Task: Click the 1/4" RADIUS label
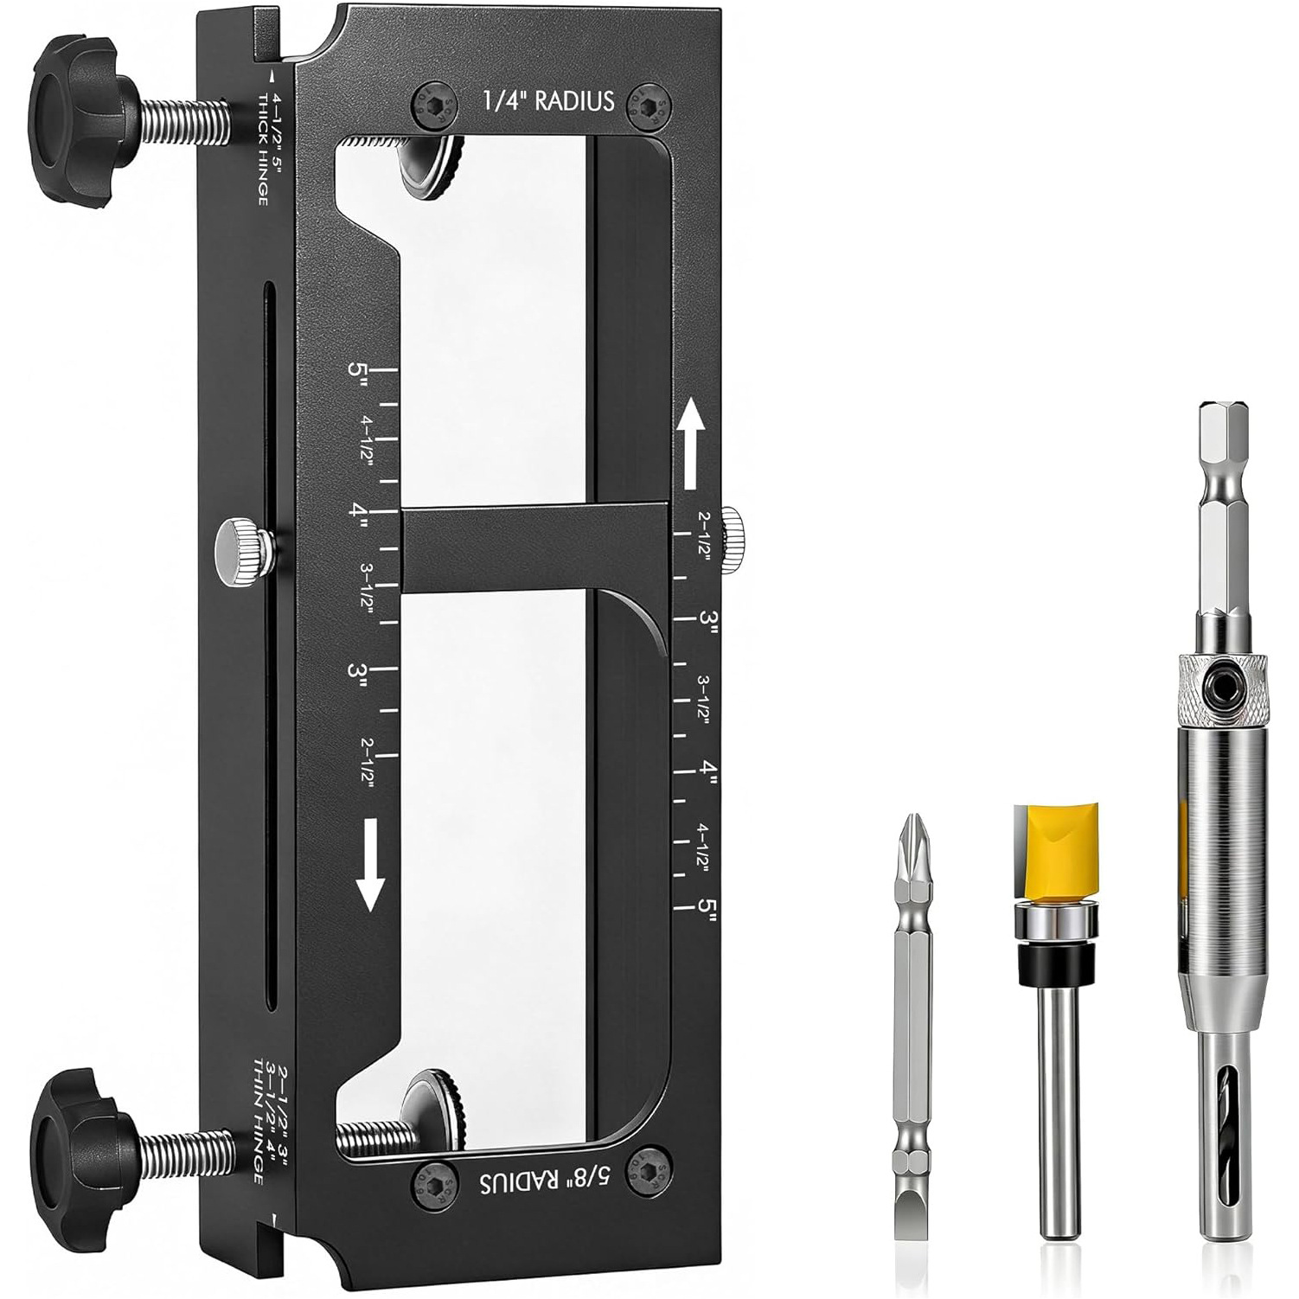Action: click(547, 101)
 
